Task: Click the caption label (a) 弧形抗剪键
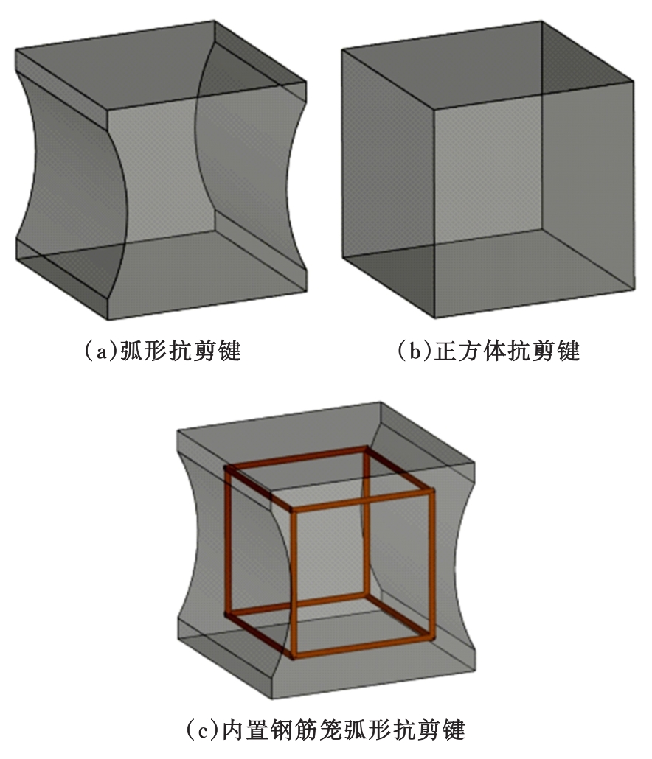162,350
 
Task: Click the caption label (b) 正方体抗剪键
488,350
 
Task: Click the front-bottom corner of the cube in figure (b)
434,318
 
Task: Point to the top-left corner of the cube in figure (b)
342,49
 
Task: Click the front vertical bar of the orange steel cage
293,584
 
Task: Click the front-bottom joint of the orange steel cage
293,657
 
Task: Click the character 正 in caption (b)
445,351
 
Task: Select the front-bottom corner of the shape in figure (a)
107,320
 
